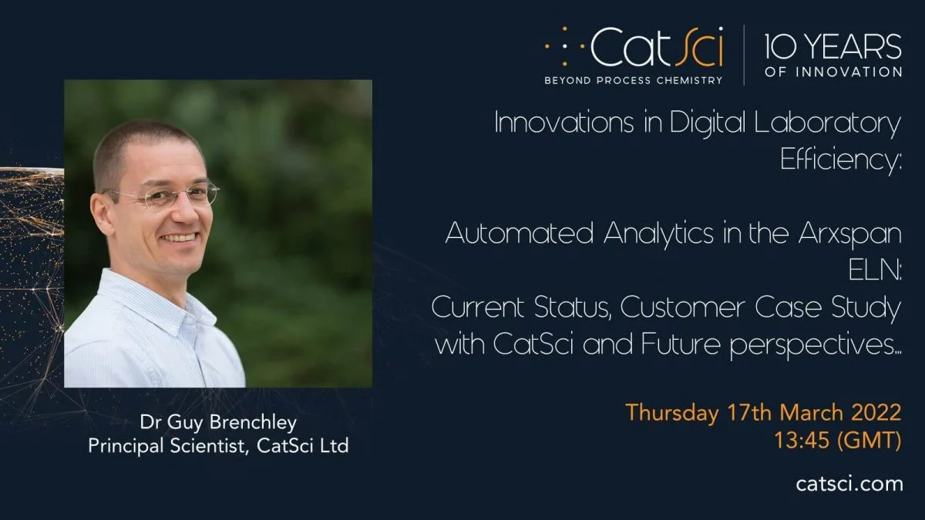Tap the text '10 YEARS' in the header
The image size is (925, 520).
tap(833, 46)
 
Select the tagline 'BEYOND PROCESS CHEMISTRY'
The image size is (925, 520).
tap(634, 80)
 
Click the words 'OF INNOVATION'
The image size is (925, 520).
tap(833, 72)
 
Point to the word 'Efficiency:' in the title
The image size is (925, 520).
tap(841, 159)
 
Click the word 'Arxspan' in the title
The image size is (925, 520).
tap(849, 234)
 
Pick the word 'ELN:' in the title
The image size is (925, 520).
tap(875, 270)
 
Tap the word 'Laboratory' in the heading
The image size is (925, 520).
tap(828, 123)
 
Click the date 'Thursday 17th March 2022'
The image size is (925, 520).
tap(764, 412)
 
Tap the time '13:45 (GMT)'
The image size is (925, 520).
tap(838, 440)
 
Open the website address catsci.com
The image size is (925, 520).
tap(849, 484)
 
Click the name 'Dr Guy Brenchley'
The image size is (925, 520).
tap(218, 423)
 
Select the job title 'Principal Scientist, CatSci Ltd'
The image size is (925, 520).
tap(218, 446)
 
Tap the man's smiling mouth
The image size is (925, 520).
tap(180, 238)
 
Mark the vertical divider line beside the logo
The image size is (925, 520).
tap(744, 55)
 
